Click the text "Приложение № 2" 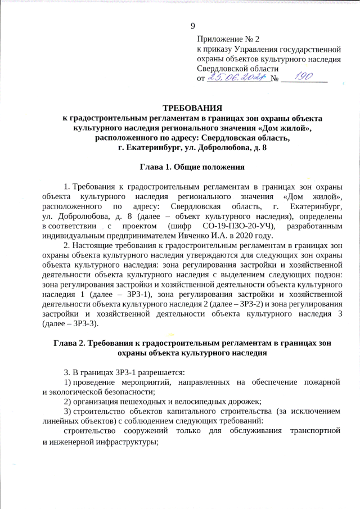pyautogui.click(x=228, y=39)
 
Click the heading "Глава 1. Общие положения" pyautogui.click(x=192, y=167)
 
